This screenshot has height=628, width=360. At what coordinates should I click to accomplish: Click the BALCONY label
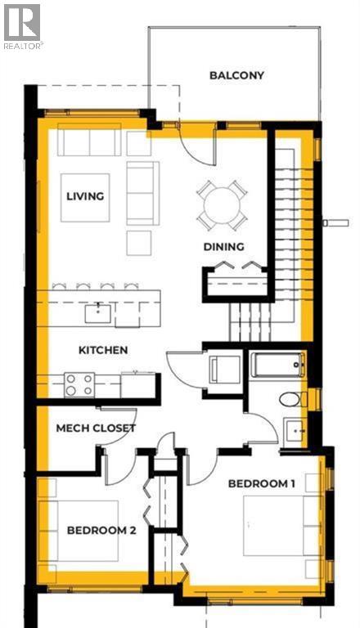236,75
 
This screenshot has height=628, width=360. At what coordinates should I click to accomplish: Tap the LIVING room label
85,196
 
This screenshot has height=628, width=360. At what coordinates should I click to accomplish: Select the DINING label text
224,246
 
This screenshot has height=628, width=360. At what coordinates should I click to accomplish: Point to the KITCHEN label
103,350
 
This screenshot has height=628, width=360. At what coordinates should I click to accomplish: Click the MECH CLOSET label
95,428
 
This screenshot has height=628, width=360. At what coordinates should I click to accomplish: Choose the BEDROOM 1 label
262,483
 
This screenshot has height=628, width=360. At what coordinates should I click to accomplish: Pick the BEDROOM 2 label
101,529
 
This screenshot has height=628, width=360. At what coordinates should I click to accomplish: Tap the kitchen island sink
98,311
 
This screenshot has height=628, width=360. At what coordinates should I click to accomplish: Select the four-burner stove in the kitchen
79,384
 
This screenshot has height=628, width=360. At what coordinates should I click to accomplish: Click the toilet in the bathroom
290,399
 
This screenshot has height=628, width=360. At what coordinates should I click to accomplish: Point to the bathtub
278,364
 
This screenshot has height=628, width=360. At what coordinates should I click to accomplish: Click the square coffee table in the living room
85,196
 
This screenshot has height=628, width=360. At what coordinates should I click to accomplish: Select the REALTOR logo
22,25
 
